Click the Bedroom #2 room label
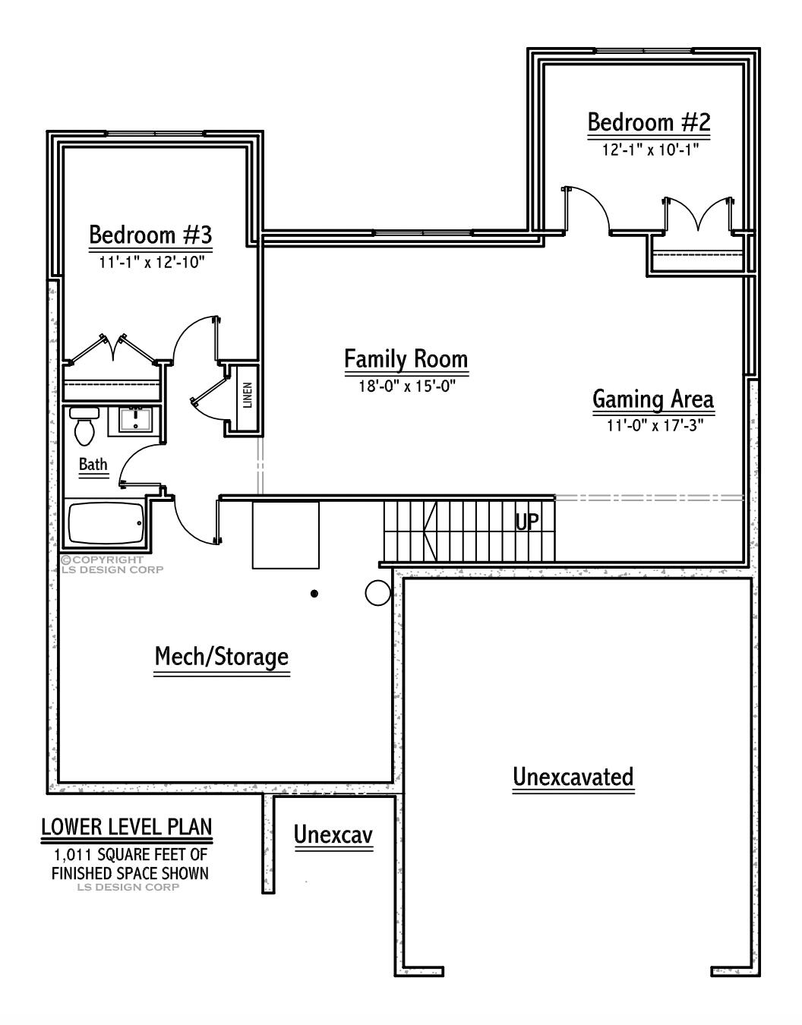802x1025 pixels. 649,122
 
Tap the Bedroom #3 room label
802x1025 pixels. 150,235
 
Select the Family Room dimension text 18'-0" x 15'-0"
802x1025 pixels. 406,386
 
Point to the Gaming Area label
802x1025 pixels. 652,399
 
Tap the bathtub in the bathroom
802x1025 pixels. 106,522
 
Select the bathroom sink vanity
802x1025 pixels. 136,419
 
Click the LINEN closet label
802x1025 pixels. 248,396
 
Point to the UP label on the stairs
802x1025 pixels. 527,522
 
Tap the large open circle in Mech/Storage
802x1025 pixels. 377,593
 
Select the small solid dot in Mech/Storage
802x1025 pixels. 314,593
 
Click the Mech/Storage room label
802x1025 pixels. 222,657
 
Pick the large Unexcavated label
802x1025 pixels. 573,777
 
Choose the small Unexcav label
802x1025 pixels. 333,835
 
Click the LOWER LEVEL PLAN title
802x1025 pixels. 127,827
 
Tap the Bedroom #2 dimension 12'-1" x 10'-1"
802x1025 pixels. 649,150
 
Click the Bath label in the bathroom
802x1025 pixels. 93,465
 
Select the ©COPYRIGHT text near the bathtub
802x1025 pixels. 103,560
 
